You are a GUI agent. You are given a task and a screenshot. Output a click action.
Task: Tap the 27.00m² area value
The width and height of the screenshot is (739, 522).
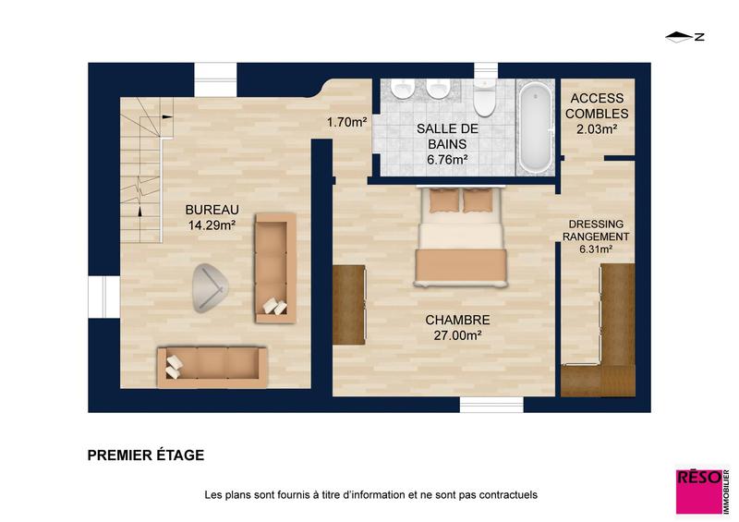click(457, 335)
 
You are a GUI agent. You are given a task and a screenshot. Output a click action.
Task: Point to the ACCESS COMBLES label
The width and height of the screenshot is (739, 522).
click(597, 105)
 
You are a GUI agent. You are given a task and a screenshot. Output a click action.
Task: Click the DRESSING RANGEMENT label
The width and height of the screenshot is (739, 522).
click(596, 230)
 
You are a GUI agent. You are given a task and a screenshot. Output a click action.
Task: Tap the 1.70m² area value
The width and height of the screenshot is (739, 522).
click(347, 121)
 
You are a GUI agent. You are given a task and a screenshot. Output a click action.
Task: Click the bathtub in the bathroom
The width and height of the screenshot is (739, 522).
click(533, 127)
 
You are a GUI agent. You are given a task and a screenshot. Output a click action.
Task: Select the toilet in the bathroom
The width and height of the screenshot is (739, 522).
click(484, 95)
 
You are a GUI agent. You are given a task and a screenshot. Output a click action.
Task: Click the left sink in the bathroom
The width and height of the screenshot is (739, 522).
click(402, 89)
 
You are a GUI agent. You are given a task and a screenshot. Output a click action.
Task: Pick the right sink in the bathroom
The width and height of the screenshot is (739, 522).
click(437, 89)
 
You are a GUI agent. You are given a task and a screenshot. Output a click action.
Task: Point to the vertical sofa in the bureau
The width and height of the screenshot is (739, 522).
click(274, 267)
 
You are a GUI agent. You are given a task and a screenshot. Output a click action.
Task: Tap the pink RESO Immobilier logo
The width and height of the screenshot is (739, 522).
click(701, 491)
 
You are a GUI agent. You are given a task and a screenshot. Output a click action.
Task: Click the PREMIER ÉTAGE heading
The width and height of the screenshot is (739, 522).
click(146, 455)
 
